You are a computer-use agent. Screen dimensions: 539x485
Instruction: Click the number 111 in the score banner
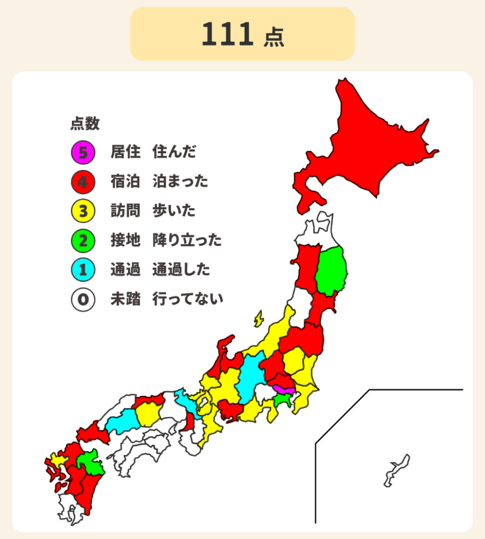227,35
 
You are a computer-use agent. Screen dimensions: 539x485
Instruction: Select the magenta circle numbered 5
83,152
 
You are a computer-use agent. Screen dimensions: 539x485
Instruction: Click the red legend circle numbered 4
83,181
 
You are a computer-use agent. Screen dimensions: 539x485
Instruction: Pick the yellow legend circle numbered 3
83,211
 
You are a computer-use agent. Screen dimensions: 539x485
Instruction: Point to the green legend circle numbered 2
83,241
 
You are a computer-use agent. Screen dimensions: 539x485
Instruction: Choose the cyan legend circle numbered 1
83,270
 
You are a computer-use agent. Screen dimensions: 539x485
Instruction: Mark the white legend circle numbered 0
83,299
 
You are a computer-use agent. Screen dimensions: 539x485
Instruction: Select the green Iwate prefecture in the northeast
331,272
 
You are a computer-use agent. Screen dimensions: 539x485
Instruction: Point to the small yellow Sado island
259,319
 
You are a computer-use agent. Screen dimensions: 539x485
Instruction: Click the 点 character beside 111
273,36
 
